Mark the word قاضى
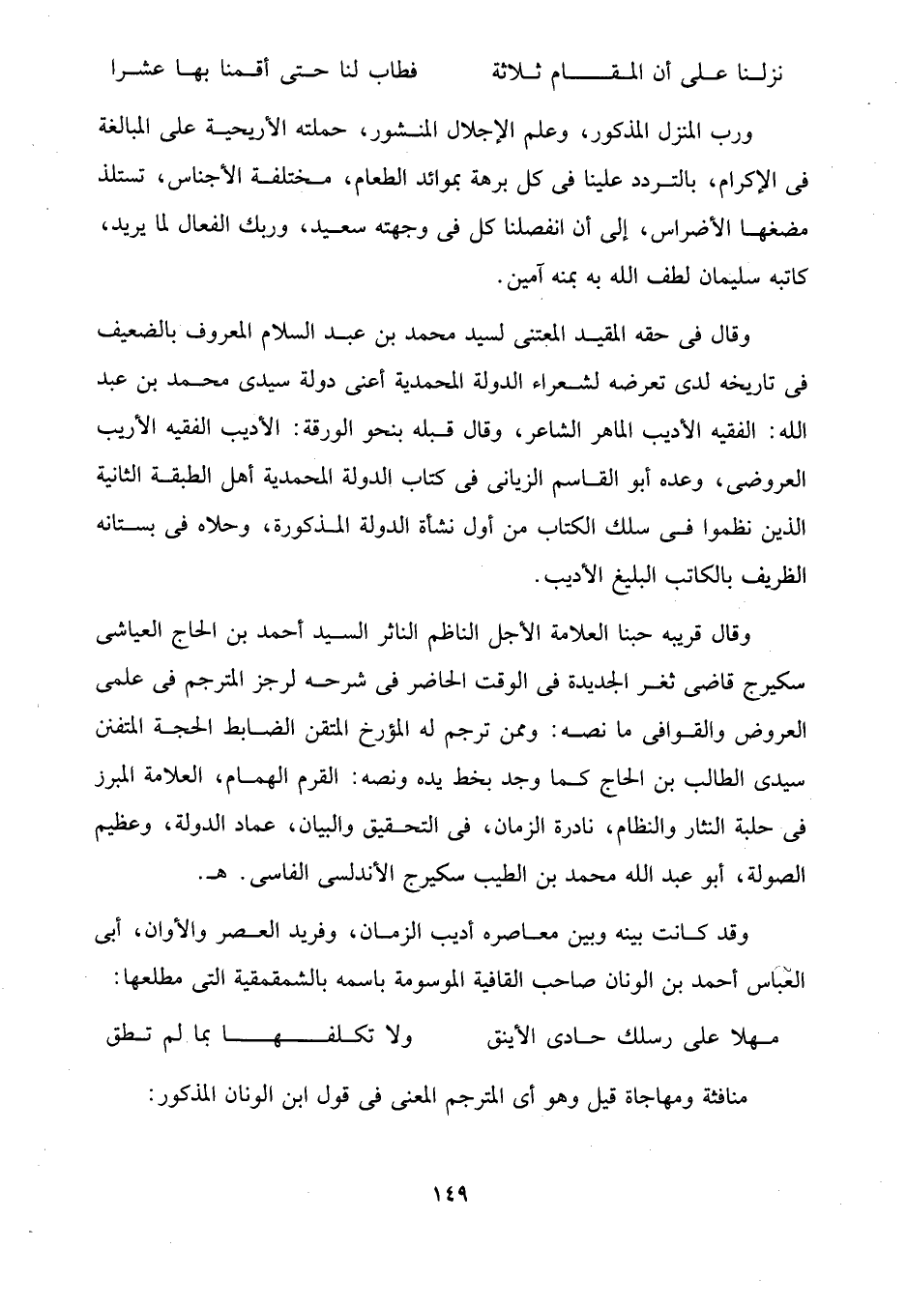coord(709,684)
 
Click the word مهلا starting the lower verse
coord(754,1040)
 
